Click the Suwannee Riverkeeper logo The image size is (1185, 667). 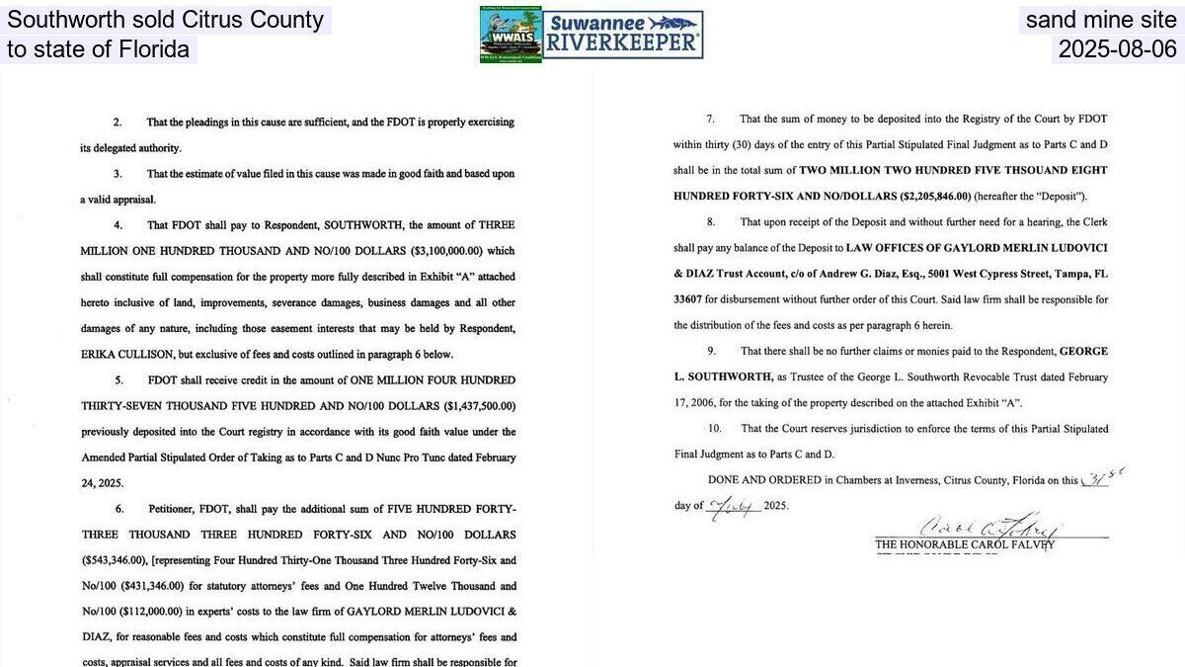[623, 36]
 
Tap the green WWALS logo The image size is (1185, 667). [511, 35]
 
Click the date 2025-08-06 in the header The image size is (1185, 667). [1117, 49]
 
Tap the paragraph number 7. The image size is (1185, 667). [710, 119]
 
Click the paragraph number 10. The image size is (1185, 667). [715, 429]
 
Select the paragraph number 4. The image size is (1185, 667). [118, 225]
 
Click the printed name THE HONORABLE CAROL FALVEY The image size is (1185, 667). [964, 544]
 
